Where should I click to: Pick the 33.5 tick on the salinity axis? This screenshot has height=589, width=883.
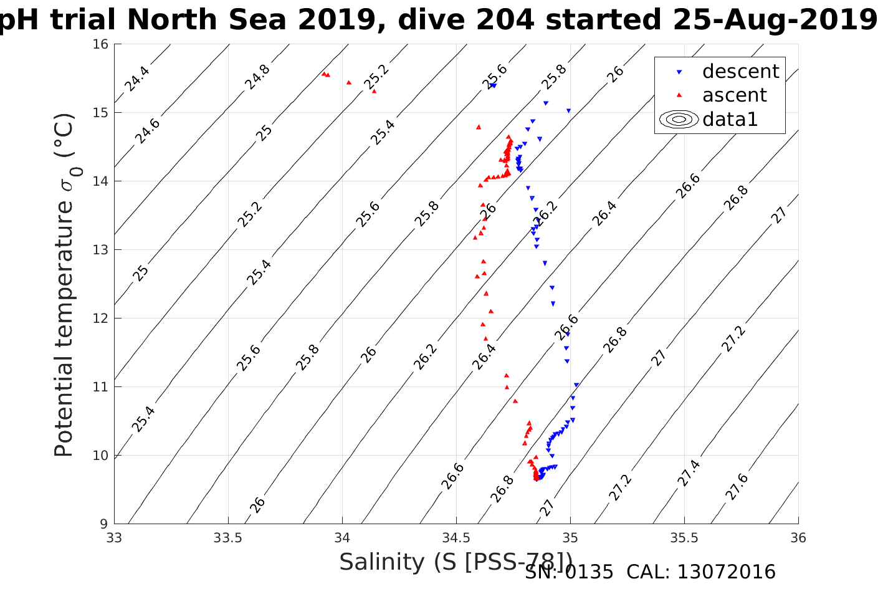coord(228,538)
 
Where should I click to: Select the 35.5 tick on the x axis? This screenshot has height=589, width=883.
coord(684,538)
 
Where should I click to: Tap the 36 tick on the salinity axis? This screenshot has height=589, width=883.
coord(798,538)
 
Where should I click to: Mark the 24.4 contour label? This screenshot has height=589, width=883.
coord(136,79)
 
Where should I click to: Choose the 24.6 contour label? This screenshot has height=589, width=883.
coord(148,131)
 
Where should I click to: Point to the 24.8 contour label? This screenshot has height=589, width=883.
coord(257,77)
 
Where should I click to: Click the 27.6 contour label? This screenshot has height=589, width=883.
coord(737,487)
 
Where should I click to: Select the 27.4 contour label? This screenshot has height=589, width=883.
coord(689,473)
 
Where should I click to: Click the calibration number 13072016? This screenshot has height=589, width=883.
coord(725,572)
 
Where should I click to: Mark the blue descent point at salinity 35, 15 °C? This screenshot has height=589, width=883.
coord(568,111)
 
